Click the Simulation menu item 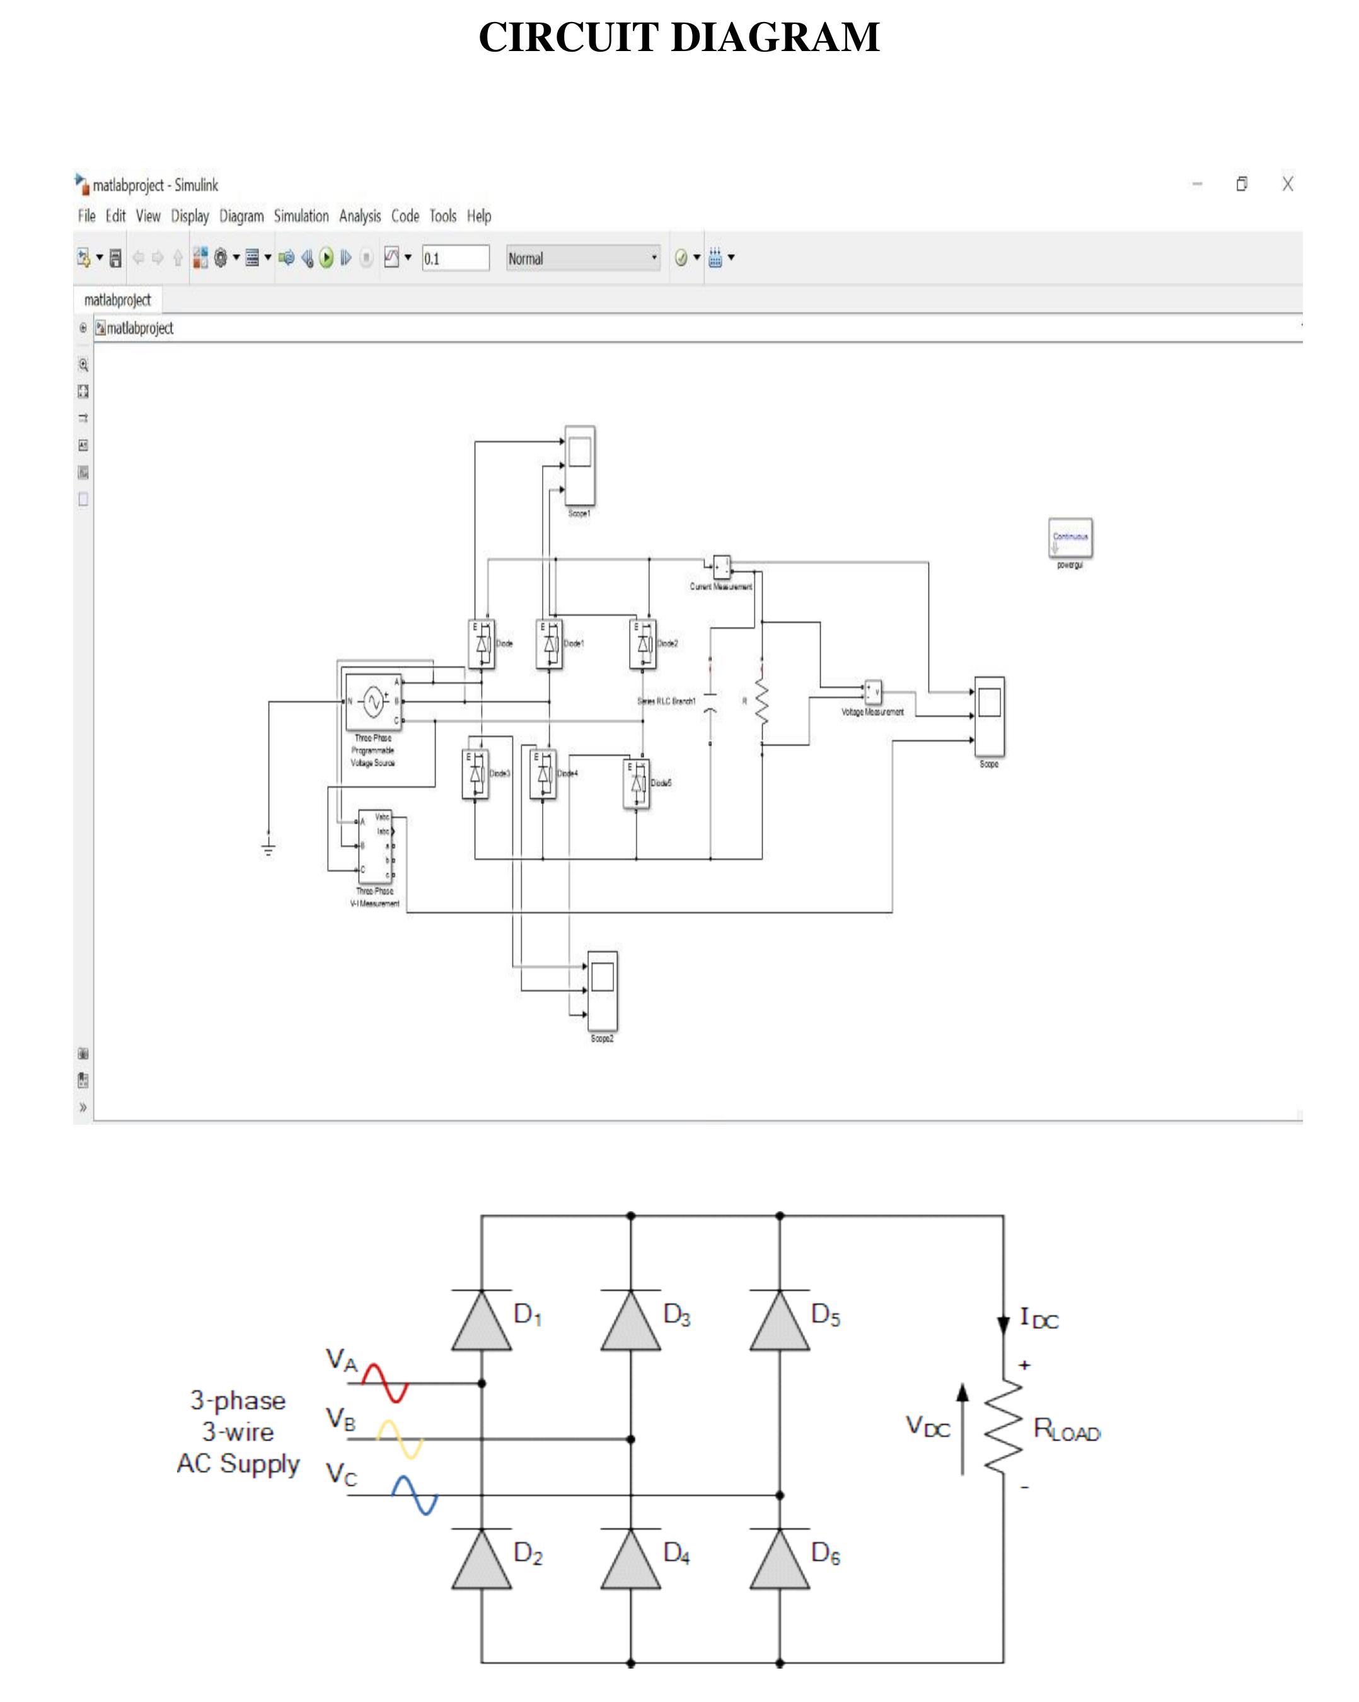coord(301,216)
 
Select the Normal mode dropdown coord(582,258)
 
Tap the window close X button coord(1287,184)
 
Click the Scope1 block coord(580,465)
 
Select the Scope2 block coord(602,990)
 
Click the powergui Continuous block coord(1070,538)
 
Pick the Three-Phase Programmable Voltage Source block coord(373,701)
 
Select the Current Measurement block coord(722,566)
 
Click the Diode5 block coord(637,783)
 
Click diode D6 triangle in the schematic coord(778,1561)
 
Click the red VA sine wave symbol coord(385,1383)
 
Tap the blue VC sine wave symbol coord(415,1495)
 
